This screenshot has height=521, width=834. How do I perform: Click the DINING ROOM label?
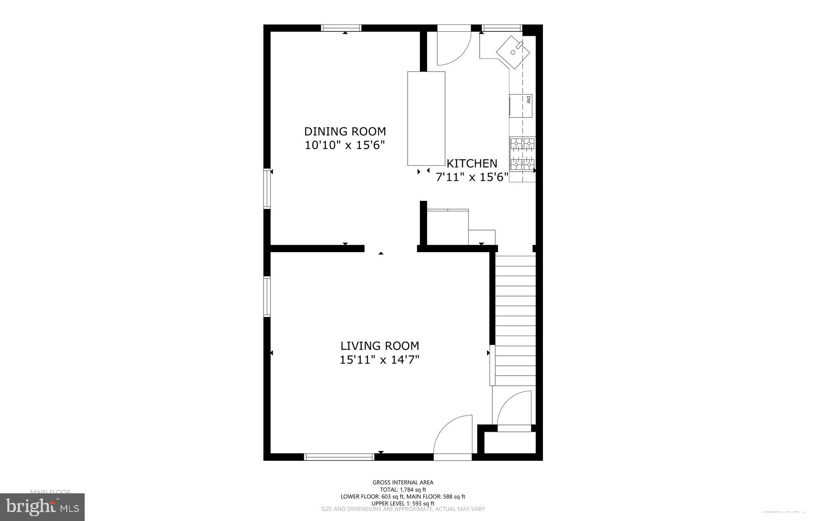pyautogui.click(x=345, y=132)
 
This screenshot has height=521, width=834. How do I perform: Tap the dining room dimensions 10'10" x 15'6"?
pyautogui.click(x=345, y=145)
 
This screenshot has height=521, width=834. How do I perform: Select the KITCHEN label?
pyautogui.click(x=472, y=163)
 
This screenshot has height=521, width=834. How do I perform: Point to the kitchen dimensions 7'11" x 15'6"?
pyautogui.click(x=472, y=177)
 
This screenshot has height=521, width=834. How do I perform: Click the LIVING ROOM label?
pyautogui.click(x=380, y=346)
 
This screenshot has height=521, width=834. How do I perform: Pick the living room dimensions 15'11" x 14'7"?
pyautogui.click(x=380, y=360)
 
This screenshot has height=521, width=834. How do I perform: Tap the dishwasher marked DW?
pyautogui.click(x=521, y=106)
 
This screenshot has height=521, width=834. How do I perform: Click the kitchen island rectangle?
pyautogui.click(x=426, y=118)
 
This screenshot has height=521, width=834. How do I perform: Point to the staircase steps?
pyautogui.click(x=515, y=320)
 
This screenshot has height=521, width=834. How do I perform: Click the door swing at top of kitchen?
pyautogui.click(x=453, y=49)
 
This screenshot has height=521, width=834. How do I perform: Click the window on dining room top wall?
pyautogui.click(x=341, y=28)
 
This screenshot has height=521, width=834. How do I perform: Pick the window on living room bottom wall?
pyautogui.click(x=339, y=457)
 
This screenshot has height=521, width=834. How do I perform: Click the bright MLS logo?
pyautogui.click(x=42, y=507)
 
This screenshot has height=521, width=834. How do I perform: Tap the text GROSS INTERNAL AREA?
pyautogui.click(x=403, y=482)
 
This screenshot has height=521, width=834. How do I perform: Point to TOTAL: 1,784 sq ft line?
pyautogui.click(x=403, y=490)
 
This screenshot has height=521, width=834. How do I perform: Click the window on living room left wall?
pyautogui.click(x=267, y=297)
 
